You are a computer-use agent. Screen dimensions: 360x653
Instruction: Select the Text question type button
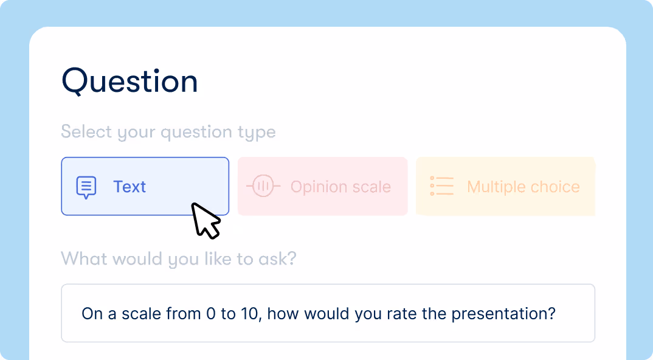pos(145,186)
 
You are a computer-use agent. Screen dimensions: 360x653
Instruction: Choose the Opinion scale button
pos(322,186)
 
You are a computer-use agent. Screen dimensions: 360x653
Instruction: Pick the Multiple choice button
pos(505,186)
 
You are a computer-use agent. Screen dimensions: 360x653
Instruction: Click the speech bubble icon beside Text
pos(86,187)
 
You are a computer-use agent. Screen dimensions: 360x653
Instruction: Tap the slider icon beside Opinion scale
pos(263,186)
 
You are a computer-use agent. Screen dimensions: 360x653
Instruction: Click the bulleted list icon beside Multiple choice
pos(442,186)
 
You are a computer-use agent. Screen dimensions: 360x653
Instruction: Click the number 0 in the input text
pos(211,314)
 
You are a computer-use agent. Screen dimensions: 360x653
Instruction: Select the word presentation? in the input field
pos(506,315)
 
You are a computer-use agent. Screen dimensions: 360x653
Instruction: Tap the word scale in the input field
pos(142,314)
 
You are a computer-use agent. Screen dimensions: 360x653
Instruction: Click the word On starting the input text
pos(91,314)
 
